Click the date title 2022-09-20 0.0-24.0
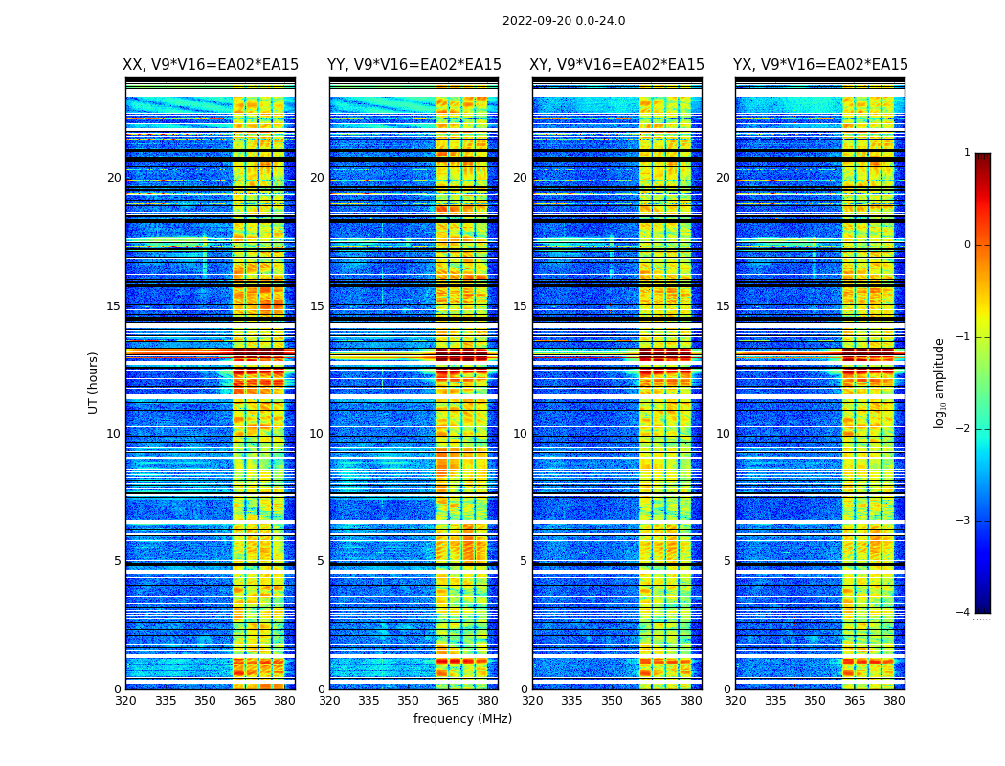pos(564,21)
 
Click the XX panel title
pos(211,65)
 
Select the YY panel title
pos(414,65)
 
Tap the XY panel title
pos(617,65)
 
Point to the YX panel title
pos(820,65)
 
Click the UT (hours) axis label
pos(94,382)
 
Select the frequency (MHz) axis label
pos(462,719)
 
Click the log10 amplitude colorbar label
pos(940,382)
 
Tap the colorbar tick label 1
pos(967,153)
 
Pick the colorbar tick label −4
pos(965,613)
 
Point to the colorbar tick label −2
pos(965,429)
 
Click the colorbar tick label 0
pos(967,245)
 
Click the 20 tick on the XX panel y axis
pos(114,178)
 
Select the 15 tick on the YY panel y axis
pos(317,306)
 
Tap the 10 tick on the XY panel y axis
pos(520,434)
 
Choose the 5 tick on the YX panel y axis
pos(726,561)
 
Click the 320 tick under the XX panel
pos(125,701)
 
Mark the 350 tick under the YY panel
pos(409,701)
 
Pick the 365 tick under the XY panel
pos(652,701)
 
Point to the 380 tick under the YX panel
pos(894,701)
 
